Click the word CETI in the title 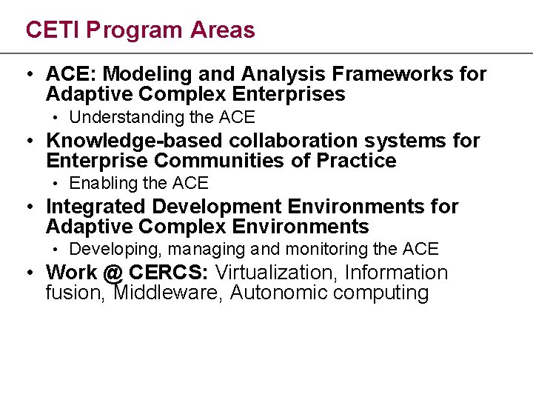point(53,30)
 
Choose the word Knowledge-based point(135,141)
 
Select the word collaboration point(292,141)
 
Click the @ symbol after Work point(113,273)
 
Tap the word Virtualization point(276,273)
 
